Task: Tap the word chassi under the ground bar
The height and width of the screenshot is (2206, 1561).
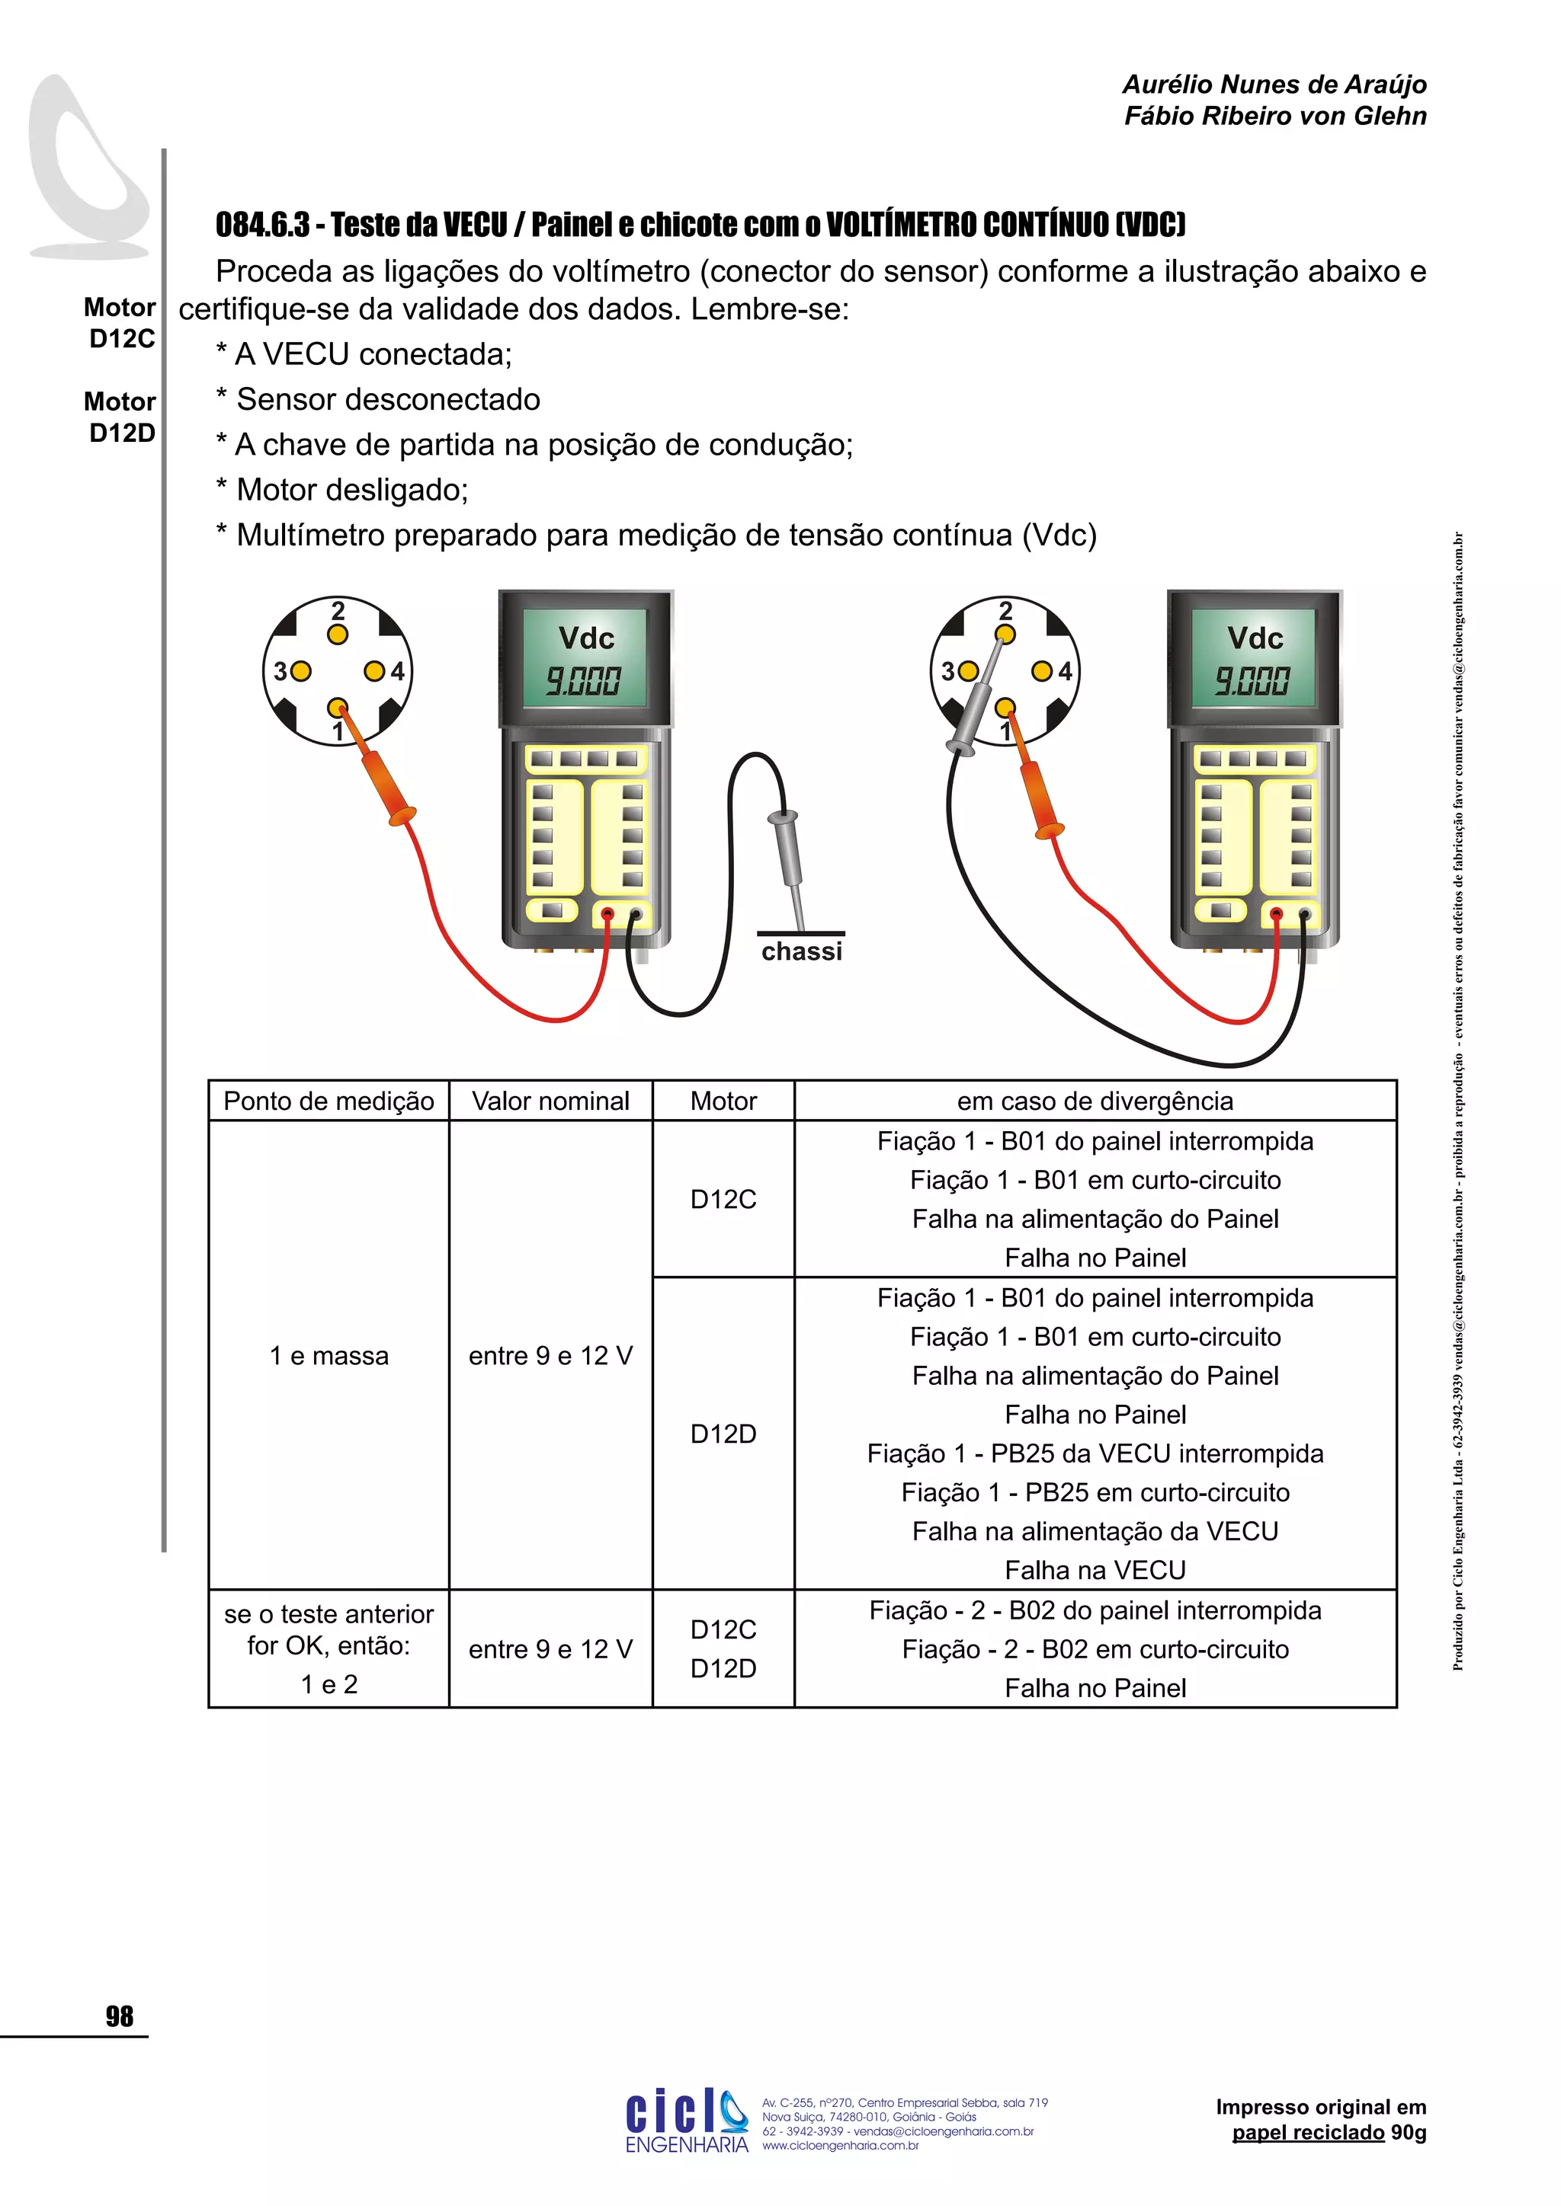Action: pos(802,951)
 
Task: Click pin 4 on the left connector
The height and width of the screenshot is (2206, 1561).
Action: pos(374,670)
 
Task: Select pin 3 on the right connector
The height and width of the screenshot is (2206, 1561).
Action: pos(969,670)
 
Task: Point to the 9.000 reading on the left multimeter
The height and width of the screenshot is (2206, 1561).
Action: pos(583,681)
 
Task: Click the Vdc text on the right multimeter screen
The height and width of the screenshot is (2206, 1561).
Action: pos(1255,638)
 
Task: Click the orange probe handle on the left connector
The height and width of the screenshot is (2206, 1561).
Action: pos(383,783)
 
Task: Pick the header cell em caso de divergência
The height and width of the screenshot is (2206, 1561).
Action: pos(1095,1101)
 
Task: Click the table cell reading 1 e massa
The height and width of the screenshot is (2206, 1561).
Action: pos(329,1356)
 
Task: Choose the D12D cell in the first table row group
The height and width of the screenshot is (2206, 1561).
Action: pos(723,1434)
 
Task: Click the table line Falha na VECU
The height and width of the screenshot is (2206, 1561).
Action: pos(1095,1570)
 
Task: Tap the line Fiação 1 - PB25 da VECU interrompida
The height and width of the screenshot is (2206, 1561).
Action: pos(1095,1453)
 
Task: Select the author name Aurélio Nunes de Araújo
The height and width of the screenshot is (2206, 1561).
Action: pos(1274,85)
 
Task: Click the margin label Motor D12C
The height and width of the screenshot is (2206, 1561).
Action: pos(120,323)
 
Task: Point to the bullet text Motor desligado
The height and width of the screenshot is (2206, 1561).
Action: pos(352,490)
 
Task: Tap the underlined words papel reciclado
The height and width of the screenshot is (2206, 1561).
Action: pos(1307,2133)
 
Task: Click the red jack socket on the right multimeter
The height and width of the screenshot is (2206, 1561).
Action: pos(1275,914)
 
